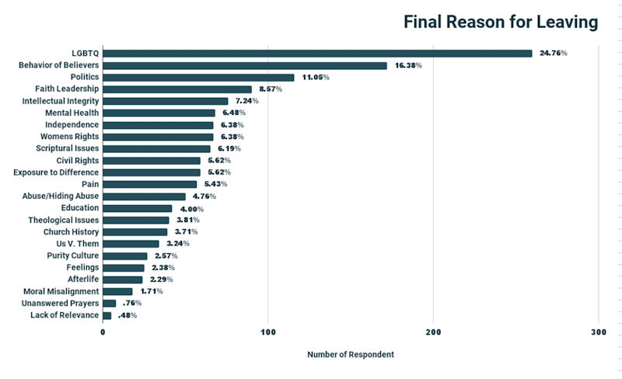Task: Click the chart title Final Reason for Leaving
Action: [x=501, y=22]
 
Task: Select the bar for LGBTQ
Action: [x=317, y=54]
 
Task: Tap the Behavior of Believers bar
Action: [x=245, y=65]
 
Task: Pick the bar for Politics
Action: [x=198, y=78]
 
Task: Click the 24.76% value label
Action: [x=553, y=54]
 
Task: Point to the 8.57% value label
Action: [x=270, y=89]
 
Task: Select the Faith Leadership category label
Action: [x=67, y=89]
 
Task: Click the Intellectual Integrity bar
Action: [x=166, y=101]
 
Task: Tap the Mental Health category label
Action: [x=72, y=113]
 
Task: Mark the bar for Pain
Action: [x=150, y=184]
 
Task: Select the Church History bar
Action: [x=135, y=231]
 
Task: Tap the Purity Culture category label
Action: [x=72, y=256]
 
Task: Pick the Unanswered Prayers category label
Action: [x=61, y=303]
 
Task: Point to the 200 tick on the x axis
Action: [x=433, y=332]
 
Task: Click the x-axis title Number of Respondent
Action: [x=350, y=355]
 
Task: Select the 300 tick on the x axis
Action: [x=599, y=332]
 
